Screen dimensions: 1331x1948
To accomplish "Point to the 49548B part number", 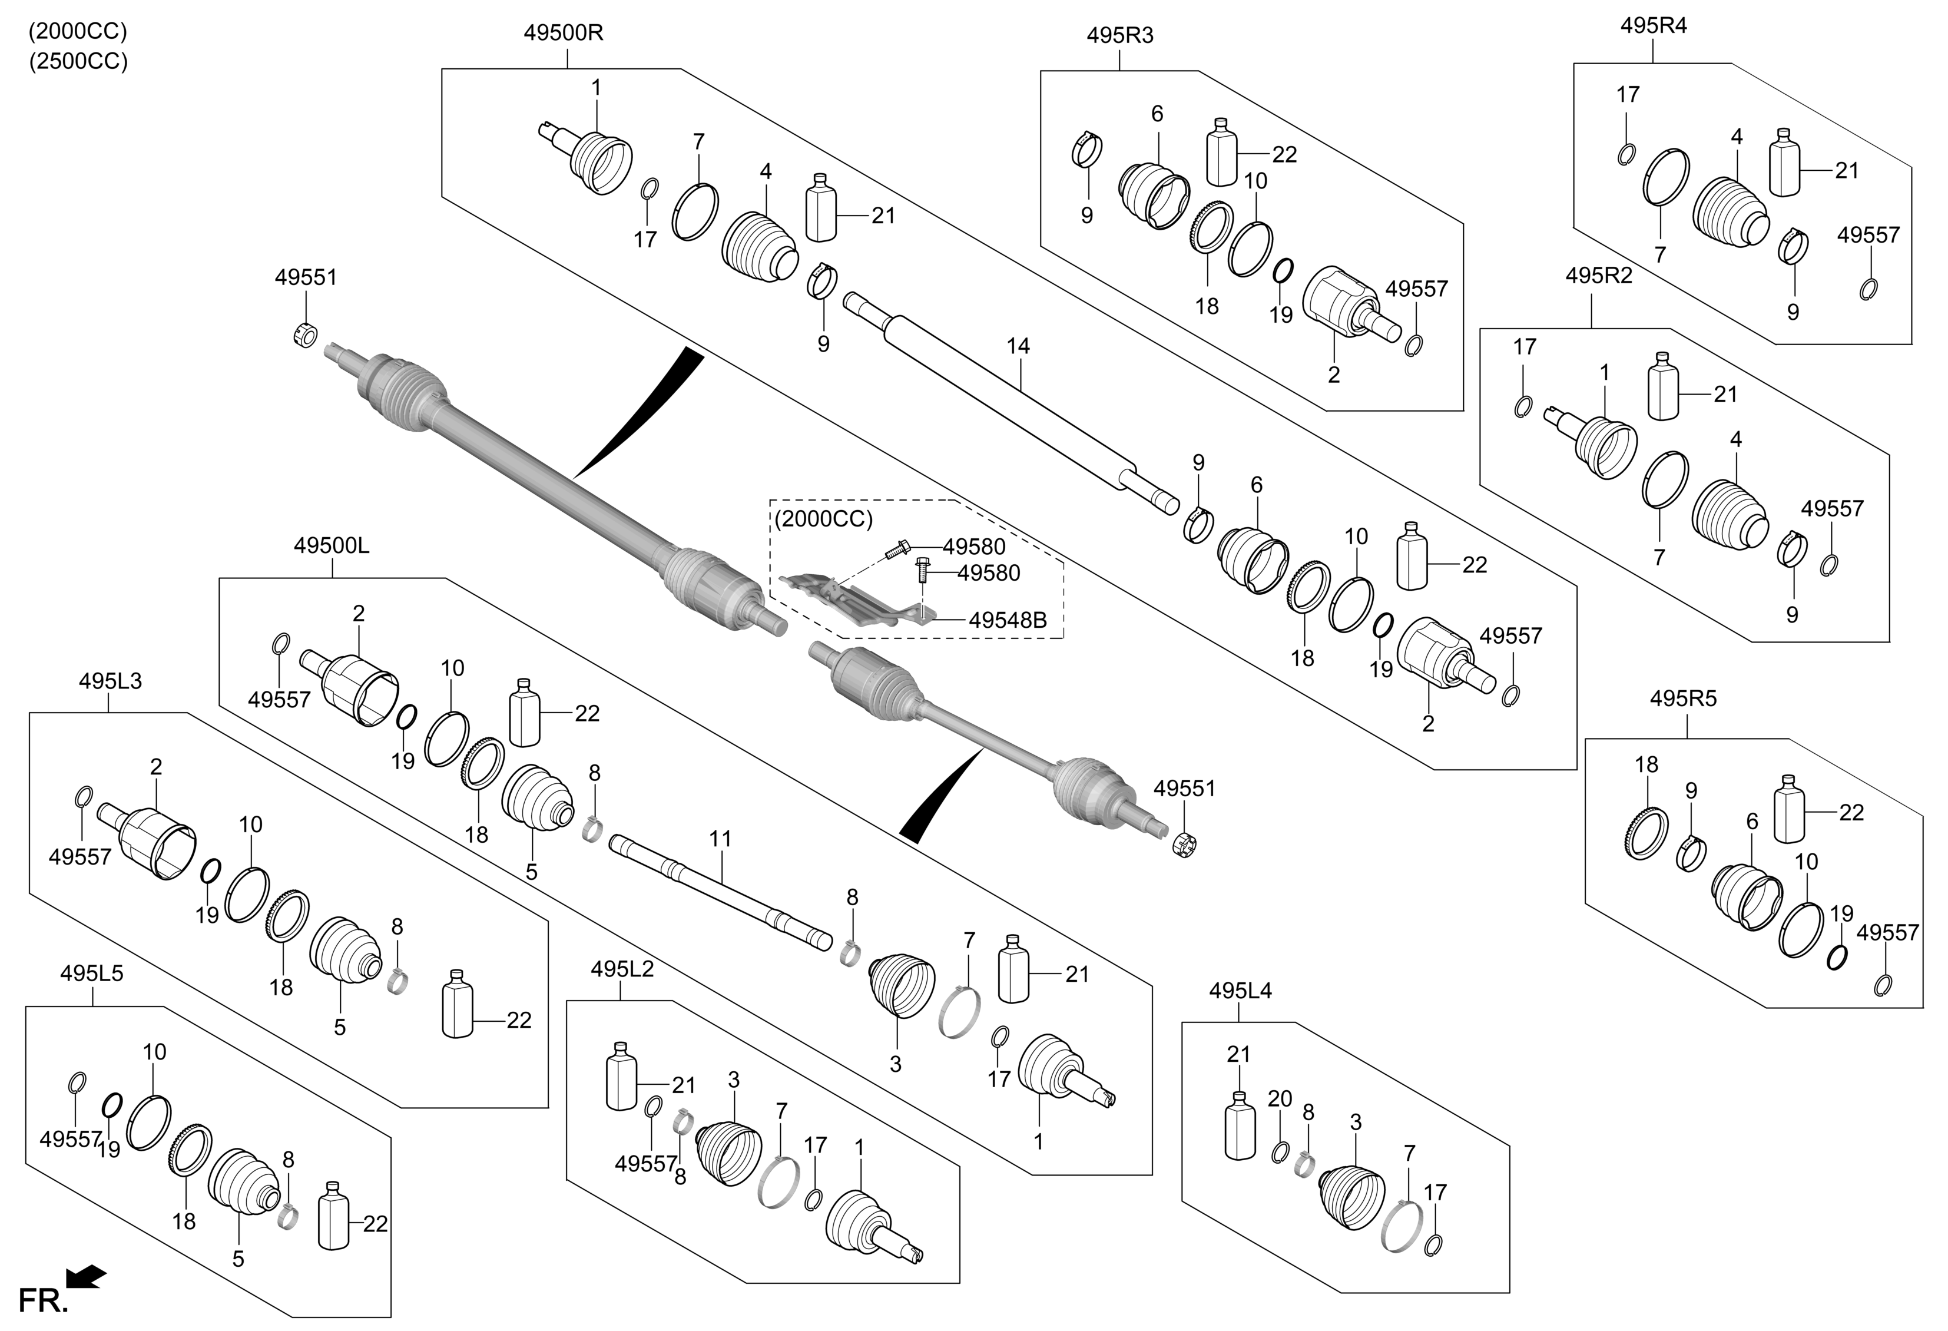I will click(x=1008, y=620).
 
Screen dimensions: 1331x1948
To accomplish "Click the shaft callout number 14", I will click(x=1018, y=345).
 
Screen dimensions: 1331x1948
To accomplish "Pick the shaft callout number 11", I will click(x=720, y=838).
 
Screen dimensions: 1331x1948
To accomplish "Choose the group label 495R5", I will click(x=1683, y=698).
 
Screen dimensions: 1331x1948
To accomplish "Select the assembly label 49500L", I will click(x=331, y=545).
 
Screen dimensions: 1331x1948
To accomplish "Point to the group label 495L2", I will click(x=621, y=969).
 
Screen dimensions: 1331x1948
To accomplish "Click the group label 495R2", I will click(x=1598, y=276).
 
